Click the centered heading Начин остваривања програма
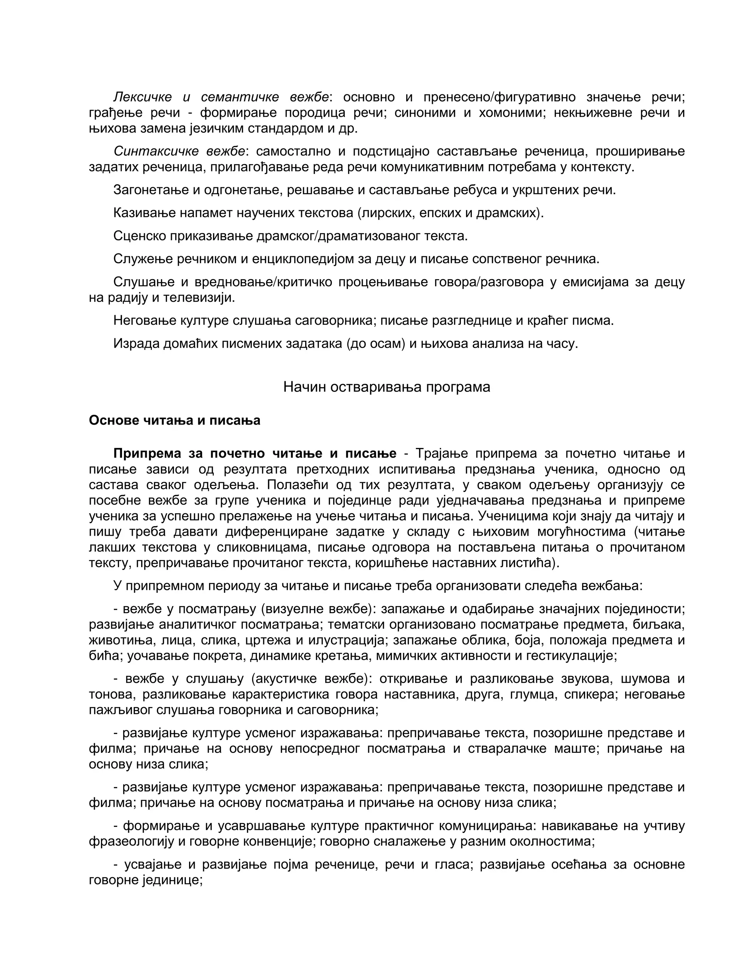(386, 387)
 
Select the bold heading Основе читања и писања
(174, 421)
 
